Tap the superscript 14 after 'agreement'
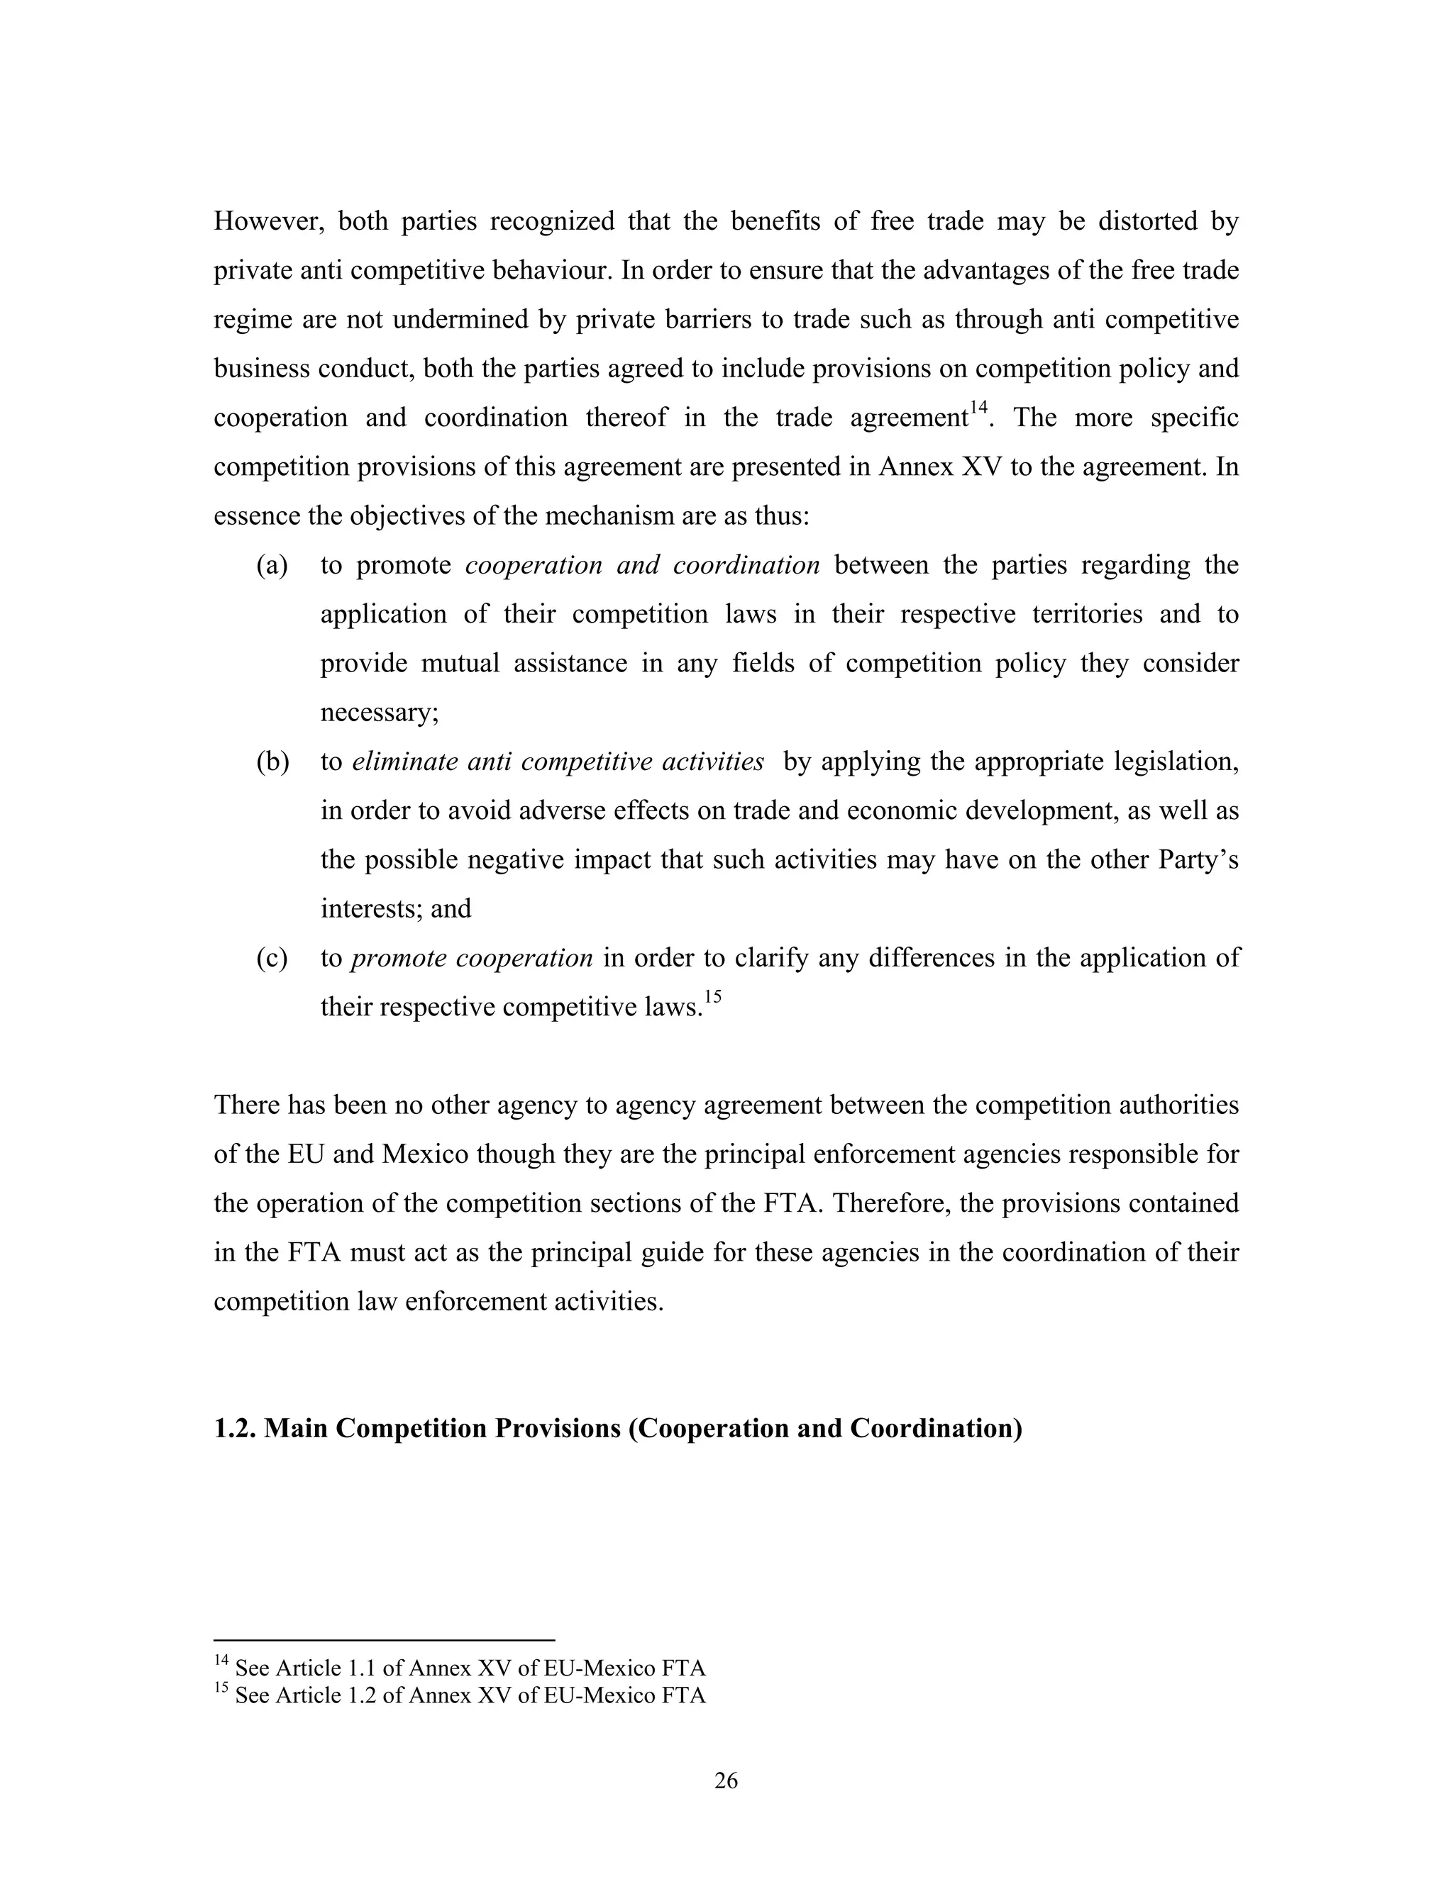pos(978,408)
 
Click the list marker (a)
pos(272,566)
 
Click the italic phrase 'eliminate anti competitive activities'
pos(558,762)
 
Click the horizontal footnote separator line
pos(384,1640)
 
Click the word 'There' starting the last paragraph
pos(246,1105)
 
